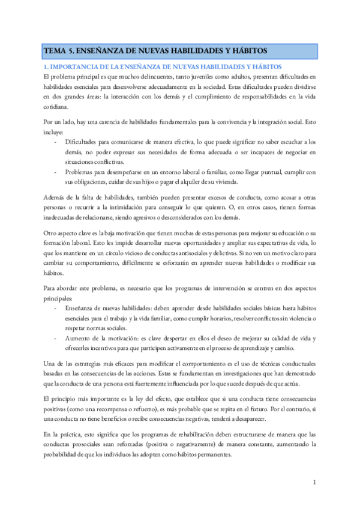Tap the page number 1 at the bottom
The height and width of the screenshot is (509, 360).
(x=314, y=482)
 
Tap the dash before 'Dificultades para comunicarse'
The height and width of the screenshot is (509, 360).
(x=56, y=142)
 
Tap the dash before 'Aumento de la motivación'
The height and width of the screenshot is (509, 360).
(x=56, y=339)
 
